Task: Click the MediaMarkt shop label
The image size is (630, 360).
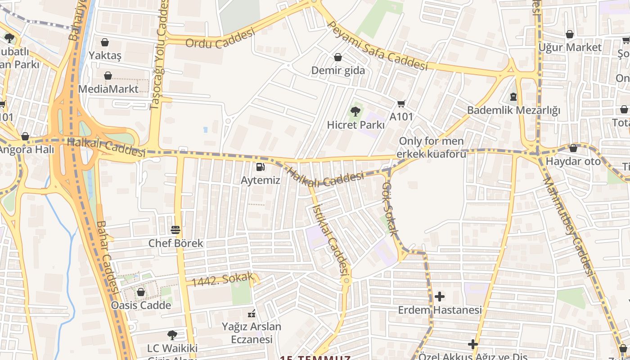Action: click(108, 89)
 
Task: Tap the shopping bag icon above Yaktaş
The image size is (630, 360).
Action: click(105, 42)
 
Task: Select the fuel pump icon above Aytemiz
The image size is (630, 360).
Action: click(260, 167)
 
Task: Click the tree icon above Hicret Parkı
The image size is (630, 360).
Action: click(355, 111)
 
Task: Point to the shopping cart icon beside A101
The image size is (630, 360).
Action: click(401, 103)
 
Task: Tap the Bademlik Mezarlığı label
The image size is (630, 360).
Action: click(513, 110)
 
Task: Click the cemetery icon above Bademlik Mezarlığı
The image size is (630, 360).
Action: click(513, 96)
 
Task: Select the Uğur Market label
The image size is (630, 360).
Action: click(570, 47)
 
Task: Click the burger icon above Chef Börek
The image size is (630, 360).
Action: click(175, 230)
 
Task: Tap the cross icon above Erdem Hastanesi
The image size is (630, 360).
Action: click(440, 297)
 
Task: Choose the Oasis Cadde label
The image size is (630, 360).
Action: click(141, 306)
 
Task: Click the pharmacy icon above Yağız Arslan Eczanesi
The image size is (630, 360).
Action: click(252, 313)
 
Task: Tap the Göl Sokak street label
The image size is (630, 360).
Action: click(390, 209)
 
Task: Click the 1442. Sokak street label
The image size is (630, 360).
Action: click(222, 280)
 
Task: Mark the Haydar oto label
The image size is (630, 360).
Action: click(573, 161)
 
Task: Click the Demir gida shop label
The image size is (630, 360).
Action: click(338, 71)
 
